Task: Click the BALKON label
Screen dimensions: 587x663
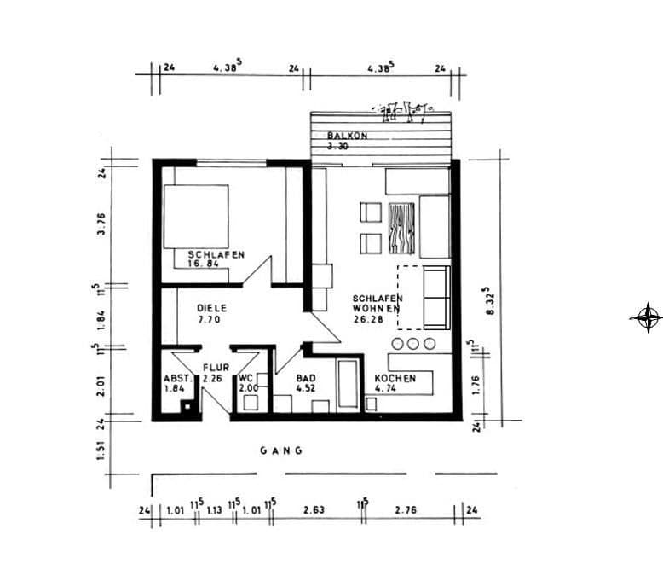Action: coord(347,136)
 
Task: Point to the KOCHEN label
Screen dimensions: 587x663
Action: coord(395,378)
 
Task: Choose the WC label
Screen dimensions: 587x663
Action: coord(246,378)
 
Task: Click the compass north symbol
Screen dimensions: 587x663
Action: coord(647,317)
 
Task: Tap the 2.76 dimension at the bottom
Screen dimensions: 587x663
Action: coord(406,511)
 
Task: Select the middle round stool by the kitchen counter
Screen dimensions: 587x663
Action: coord(413,344)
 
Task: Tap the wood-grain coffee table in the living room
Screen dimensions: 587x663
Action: coord(402,229)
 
